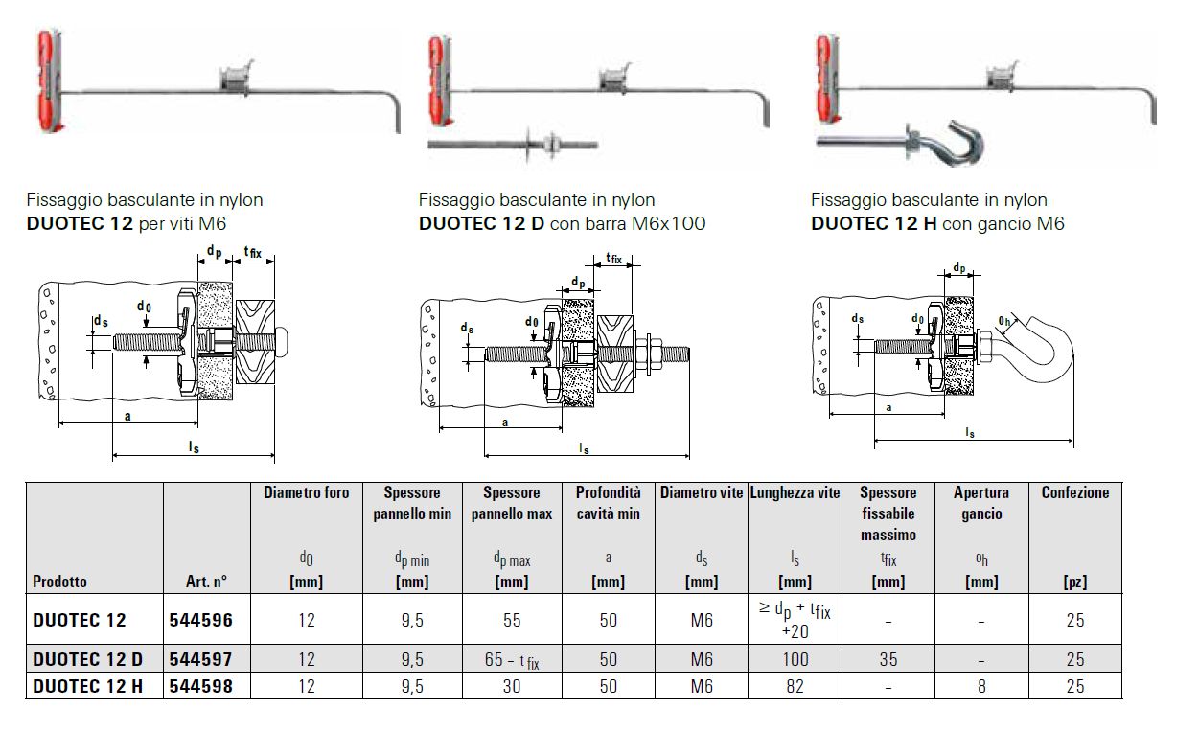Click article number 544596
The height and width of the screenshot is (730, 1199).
pos(200,620)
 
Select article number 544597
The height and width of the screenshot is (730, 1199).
pos(200,659)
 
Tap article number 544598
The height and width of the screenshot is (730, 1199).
pos(200,686)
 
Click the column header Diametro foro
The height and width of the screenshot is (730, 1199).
pos(307,492)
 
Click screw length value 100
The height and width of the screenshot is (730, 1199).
pos(795,659)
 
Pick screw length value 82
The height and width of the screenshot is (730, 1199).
pos(795,686)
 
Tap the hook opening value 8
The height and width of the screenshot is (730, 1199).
pos(980,686)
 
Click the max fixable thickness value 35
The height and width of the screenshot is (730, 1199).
pos(888,659)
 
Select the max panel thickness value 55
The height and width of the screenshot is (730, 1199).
pos(512,620)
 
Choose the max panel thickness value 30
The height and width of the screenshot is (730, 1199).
pos(512,686)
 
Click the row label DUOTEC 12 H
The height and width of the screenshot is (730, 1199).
pos(87,686)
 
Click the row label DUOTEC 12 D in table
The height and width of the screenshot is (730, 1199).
pos(87,659)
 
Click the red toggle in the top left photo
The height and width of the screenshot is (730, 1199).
pos(48,80)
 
